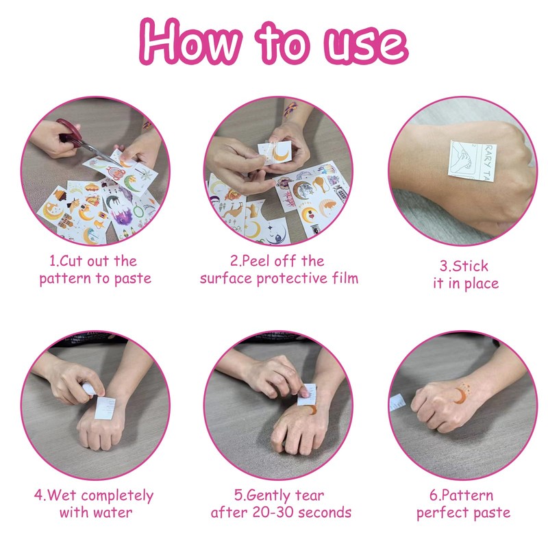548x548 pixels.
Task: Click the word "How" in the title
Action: (x=190, y=42)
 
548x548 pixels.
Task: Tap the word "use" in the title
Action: (x=366, y=45)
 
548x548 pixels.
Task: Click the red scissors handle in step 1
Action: (x=68, y=130)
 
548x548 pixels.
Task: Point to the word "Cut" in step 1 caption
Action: (x=71, y=261)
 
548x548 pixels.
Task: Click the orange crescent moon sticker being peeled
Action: (x=282, y=155)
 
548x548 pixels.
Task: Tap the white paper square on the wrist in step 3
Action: (x=472, y=161)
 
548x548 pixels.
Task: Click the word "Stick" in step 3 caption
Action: (x=470, y=266)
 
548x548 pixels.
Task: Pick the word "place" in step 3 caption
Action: (x=480, y=284)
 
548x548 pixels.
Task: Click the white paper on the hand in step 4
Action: (x=105, y=408)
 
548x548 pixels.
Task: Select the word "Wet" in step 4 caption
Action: (x=62, y=495)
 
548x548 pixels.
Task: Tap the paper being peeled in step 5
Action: (x=307, y=395)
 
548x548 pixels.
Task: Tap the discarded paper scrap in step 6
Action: (x=397, y=402)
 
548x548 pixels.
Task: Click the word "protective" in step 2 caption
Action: (x=292, y=279)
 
